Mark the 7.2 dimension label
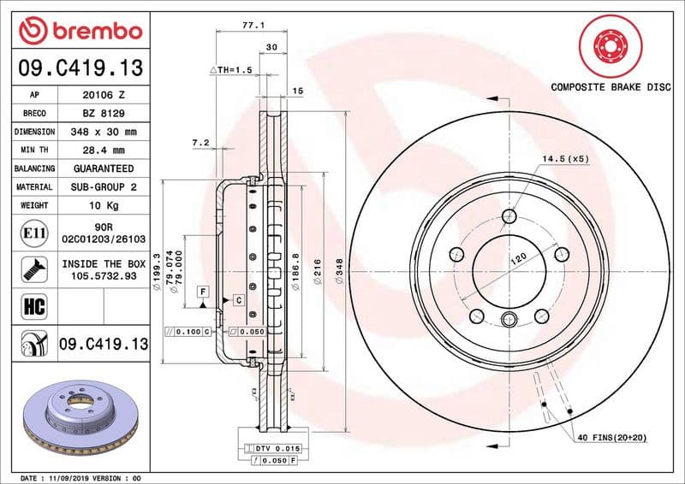[x=200, y=143]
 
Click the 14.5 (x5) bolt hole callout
[x=565, y=159]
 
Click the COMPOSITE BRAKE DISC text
[x=611, y=87]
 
